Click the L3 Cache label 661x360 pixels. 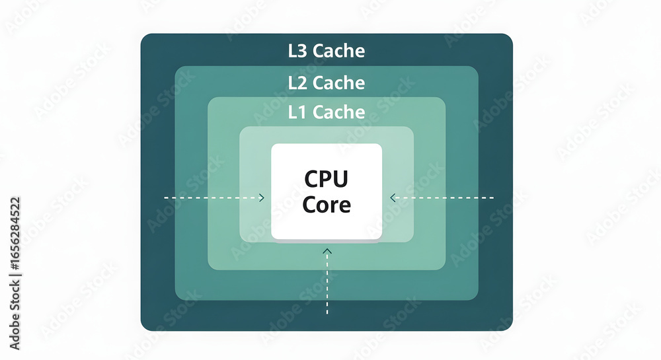point(327,51)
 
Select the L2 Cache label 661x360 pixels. point(327,83)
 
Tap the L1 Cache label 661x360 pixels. point(327,112)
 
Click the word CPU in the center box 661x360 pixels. point(326,179)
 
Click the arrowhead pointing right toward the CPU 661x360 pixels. point(262,198)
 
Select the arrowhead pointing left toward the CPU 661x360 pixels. point(393,198)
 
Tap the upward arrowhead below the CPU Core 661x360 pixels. point(327,251)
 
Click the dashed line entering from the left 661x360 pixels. point(212,198)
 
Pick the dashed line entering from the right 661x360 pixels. point(443,198)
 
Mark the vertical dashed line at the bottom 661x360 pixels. point(327,284)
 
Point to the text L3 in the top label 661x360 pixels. point(297,51)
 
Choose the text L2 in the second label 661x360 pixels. point(297,83)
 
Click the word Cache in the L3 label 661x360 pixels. point(338,51)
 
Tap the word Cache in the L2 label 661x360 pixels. point(338,83)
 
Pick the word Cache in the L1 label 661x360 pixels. point(338,112)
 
